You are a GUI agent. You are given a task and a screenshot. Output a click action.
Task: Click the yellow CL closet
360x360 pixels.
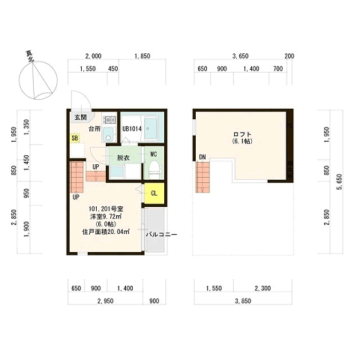click(154, 193)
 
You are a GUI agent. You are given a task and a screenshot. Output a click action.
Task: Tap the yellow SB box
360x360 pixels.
click(75, 138)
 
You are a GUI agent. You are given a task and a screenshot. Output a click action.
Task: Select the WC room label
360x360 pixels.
click(154, 154)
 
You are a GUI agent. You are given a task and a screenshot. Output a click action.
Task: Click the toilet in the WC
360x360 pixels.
click(154, 168)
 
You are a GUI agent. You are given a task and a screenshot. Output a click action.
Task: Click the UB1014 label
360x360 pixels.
click(132, 129)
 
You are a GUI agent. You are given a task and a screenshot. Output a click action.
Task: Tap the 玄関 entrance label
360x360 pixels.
click(80, 117)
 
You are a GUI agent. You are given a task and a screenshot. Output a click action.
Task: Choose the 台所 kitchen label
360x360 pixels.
click(94, 129)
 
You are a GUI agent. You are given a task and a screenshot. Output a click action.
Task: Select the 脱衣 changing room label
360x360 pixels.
click(123, 158)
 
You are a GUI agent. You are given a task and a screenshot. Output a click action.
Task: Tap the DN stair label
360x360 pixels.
click(202, 157)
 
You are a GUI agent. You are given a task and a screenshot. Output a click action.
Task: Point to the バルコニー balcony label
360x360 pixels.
click(161, 235)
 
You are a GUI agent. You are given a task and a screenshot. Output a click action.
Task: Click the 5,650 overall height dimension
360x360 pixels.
click(340, 181)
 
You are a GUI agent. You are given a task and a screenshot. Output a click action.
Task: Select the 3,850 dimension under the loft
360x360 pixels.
click(243, 301)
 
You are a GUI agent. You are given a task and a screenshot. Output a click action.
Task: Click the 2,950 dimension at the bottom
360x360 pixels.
click(105, 301)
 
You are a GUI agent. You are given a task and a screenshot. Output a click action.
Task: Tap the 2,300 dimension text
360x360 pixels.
click(262, 288)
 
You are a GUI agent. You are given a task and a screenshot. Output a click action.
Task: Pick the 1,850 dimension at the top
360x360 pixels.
click(142, 56)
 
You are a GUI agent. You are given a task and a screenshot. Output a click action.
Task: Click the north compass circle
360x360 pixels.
click(38, 80)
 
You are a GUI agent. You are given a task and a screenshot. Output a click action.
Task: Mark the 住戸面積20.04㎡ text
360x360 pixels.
click(106, 232)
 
